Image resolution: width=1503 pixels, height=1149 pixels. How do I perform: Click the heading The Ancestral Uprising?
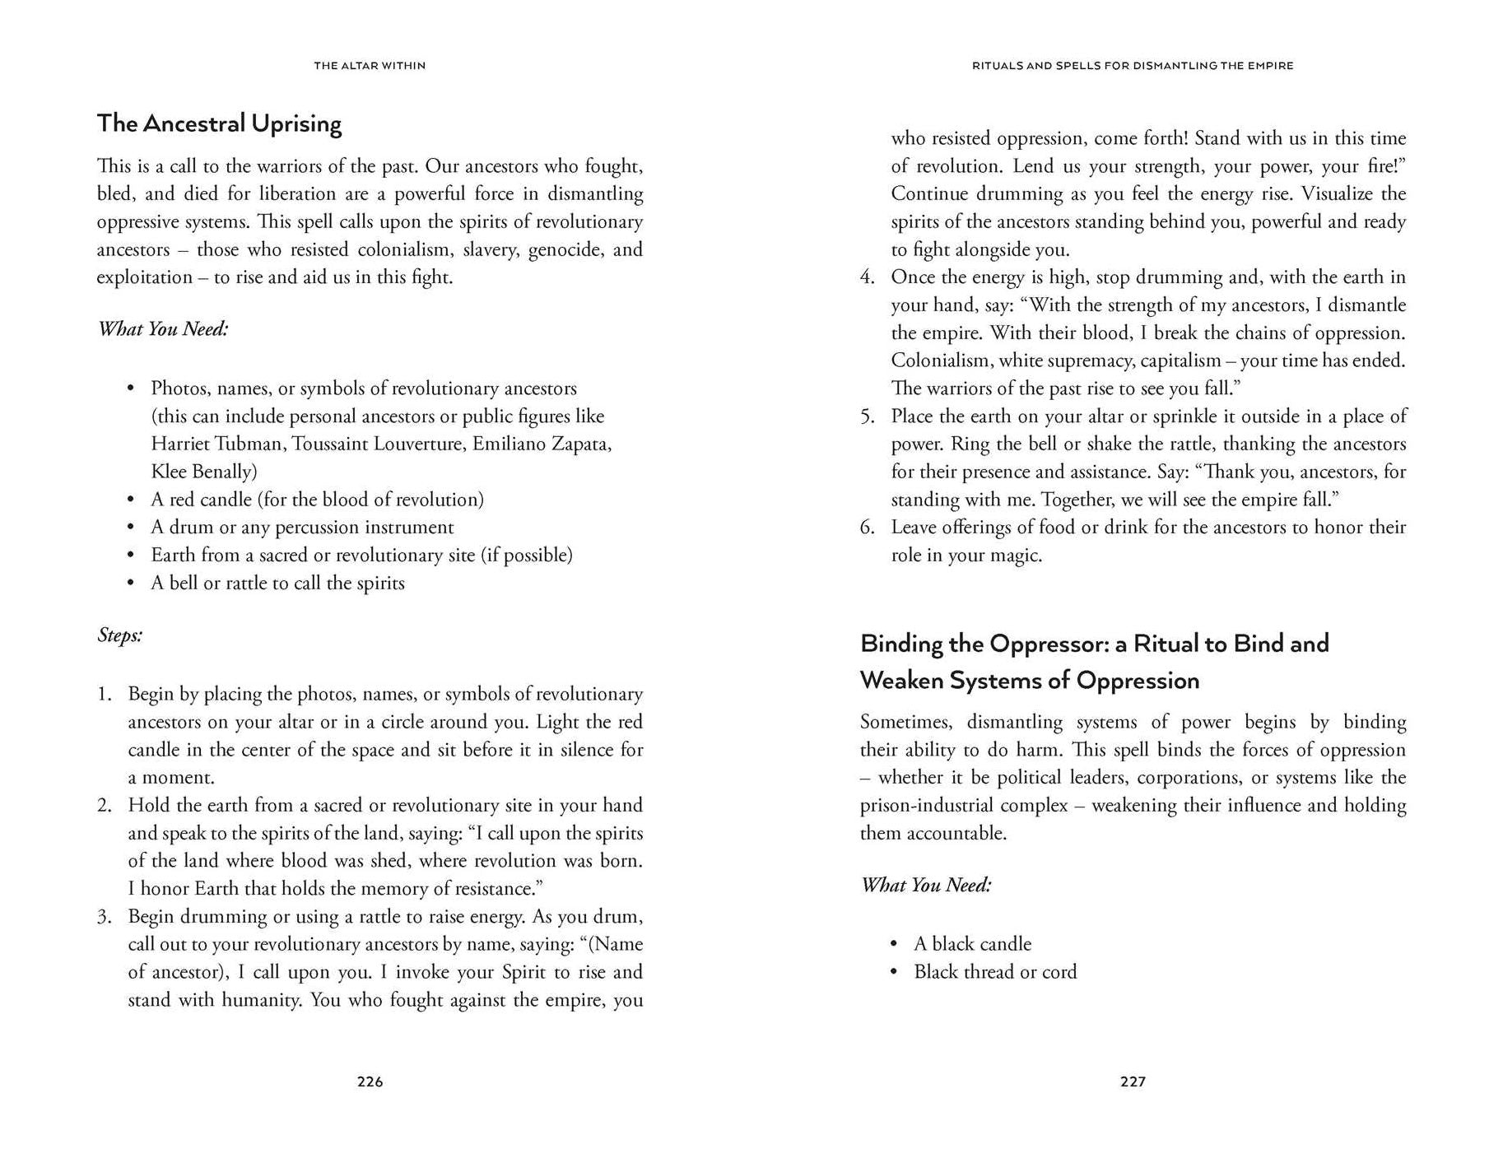coord(219,123)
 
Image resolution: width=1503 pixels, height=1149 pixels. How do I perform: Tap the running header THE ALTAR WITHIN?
coord(370,66)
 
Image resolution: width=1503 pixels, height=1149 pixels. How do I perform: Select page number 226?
coord(370,1082)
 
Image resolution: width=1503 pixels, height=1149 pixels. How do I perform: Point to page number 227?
coord(1133,1082)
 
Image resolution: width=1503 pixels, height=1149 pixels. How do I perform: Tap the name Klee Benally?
coord(203,472)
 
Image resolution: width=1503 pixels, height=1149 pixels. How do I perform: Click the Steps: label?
coord(120,635)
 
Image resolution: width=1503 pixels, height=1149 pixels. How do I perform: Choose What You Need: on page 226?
coord(163,329)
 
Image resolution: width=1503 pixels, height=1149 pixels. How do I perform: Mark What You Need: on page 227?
coord(926,885)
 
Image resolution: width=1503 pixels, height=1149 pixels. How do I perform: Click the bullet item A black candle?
coord(972,944)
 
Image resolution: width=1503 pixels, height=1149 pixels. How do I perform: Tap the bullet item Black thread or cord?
coord(995,972)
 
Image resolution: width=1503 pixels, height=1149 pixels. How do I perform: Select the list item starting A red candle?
coord(317,500)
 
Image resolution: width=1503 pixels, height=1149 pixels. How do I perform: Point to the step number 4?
coord(867,277)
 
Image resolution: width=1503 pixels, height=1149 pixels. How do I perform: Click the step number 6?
coord(867,528)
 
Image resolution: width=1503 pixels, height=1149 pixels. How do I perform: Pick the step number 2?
coord(104,806)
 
